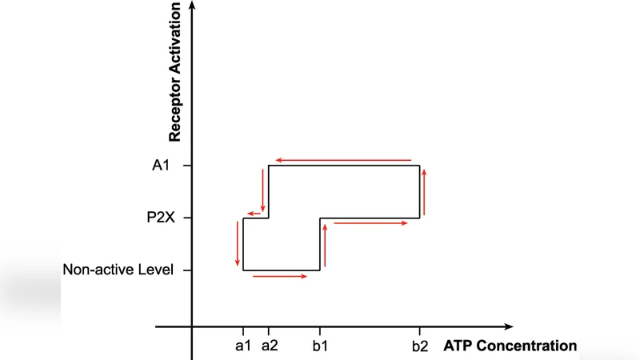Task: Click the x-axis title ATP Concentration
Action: pyautogui.click(x=510, y=346)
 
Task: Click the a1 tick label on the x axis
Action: pyautogui.click(x=243, y=346)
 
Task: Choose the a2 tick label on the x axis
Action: pyautogui.click(x=269, y=346)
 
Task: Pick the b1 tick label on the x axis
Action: pyautogui.click(x=320, y=346)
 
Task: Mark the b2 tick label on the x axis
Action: pyautogui.click(x=420, y=346)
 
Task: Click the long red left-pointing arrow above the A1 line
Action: pyautogui.click(x=342, y=160)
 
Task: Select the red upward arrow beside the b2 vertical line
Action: pyautogui.click(x=425, y=192)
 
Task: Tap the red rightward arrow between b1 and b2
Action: pyautogui.click(x=370, y=223)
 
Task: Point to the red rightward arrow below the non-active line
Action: pyautogui.click(x=280, y=277)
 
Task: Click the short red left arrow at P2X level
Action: pyautogui.click(x=256, y=213)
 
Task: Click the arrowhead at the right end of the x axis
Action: pyautogui.click(x=509, y=326)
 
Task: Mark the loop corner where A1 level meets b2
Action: pyautogui.click(x=420, y=166)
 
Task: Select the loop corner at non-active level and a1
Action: pyautogui.click(x=243, y=270)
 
